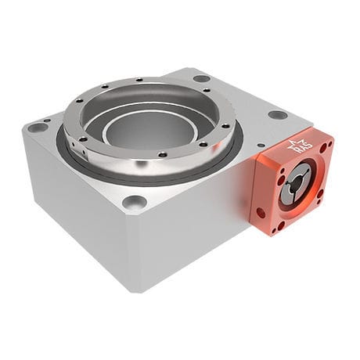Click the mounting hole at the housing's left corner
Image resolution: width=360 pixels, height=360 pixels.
(x=38, y=128)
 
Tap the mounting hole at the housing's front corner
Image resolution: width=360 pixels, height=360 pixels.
(x=134, y=202)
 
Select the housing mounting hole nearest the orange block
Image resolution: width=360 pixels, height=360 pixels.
(x=277, y=114)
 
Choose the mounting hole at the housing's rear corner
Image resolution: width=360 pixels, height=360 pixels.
(x=201, y=78)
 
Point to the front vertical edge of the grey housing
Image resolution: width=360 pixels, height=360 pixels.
(x=136, y=250)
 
